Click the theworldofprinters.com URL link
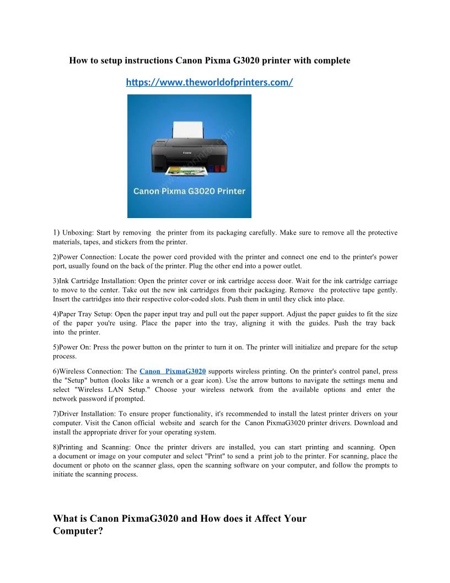click(209, 82)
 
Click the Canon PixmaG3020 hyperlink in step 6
click(173, 372)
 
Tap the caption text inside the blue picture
click(189, 191)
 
